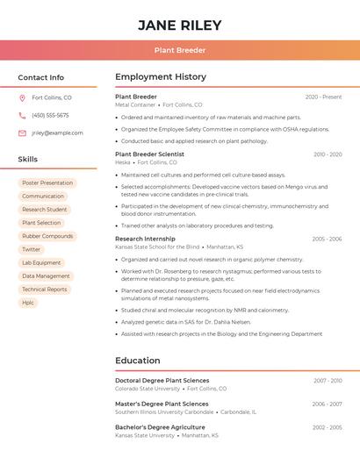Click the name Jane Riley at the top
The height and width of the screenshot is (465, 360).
point(179,25)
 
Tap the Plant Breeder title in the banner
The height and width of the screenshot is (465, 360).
point(179,50)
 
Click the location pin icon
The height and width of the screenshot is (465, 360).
point(22,97)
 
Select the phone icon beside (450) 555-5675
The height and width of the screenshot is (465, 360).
point(22,115)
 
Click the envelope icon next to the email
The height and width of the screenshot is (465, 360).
point(22,133)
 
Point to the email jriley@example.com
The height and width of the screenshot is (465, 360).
point(57,133)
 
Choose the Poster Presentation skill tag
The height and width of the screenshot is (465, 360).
point(47,183)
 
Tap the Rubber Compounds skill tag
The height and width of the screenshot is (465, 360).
point(47,236)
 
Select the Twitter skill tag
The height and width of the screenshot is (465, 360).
point(32,249)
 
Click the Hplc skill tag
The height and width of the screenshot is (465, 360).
point(28,303)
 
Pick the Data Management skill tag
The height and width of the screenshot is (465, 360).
point(46,276)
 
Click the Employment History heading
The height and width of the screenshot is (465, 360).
point(161,77)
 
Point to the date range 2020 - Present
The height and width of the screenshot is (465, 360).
point(323,97)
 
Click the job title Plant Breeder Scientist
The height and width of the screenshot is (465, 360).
point(149,154)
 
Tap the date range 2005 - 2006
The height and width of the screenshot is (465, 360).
point(327,239)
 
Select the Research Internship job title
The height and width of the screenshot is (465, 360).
point(145,239)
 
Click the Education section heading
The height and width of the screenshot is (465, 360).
point(137,361)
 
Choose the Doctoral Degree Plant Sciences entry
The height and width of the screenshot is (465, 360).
point(162,381)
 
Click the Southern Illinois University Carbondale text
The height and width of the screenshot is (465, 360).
point(164,411)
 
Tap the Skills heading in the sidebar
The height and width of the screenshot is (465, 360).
point(28,160)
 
